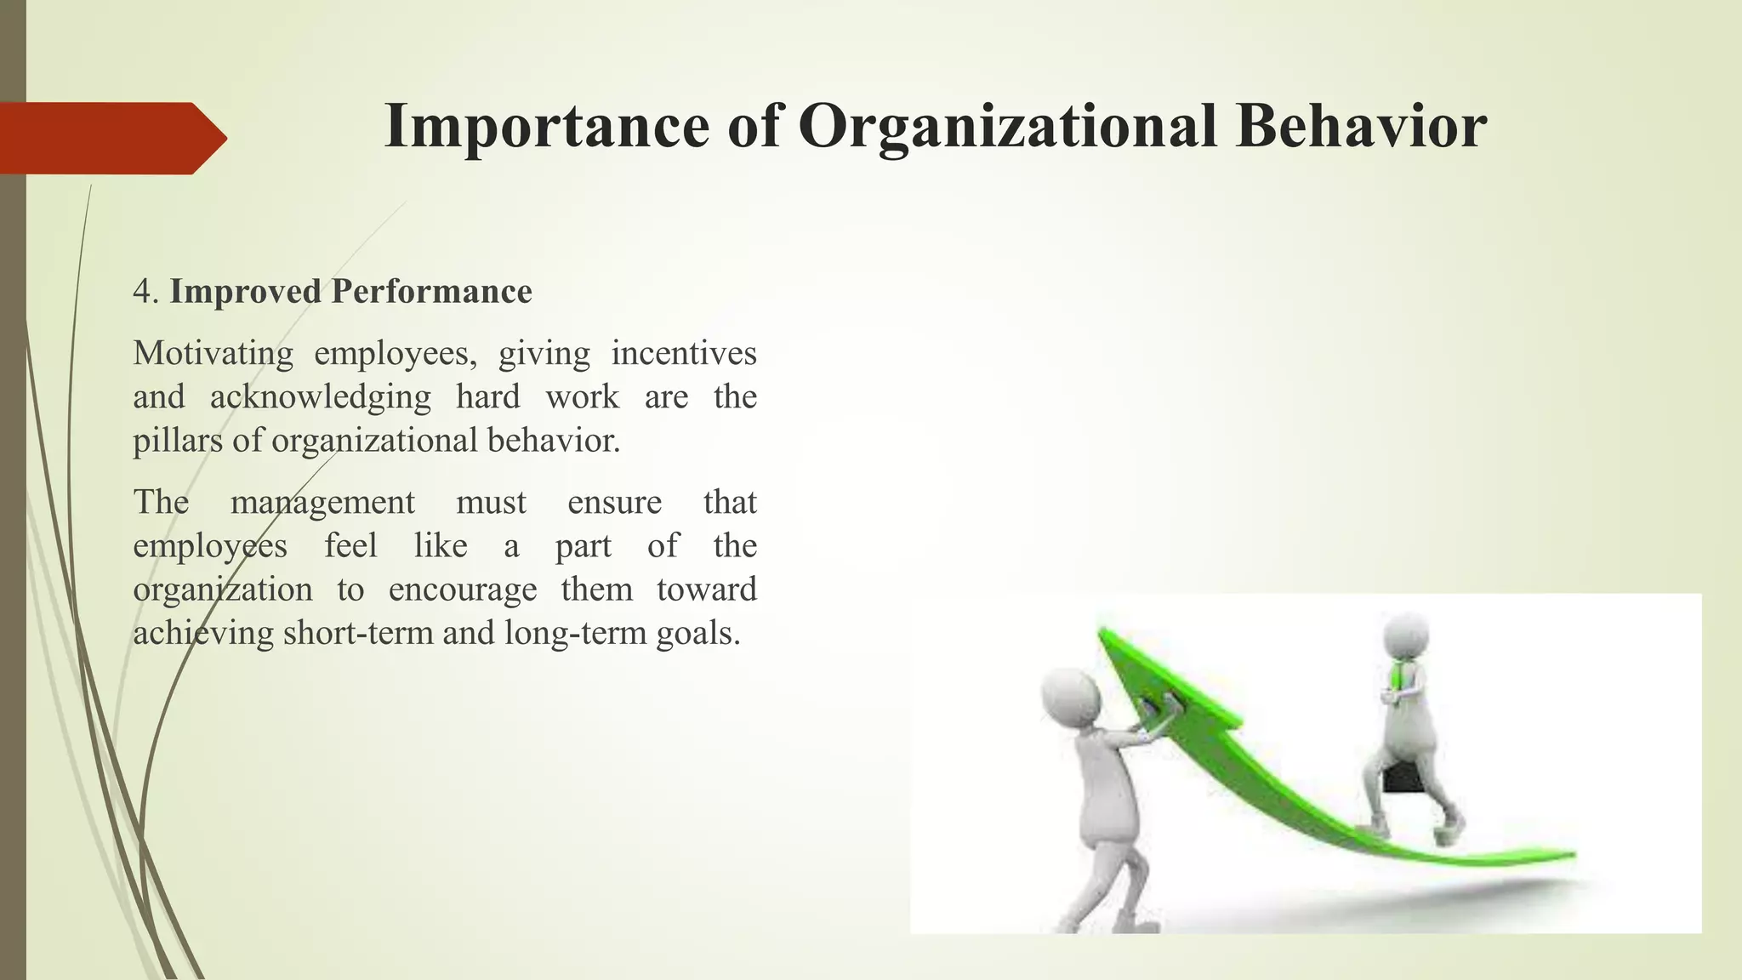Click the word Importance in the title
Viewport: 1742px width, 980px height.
click(x=546, y=126)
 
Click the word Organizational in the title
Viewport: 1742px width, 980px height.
click(x=1009, y=126)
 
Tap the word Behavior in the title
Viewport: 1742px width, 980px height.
click(x=1361, y=126)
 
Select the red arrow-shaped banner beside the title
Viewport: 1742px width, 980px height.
click(x=111, y=138)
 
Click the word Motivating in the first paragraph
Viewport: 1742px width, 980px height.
click(x=213, y=353)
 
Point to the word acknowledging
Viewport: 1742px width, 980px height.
click(x=320, y=397)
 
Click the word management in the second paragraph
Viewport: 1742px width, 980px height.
click(x=322, y=502)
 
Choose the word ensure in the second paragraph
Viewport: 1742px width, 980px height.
click(x=614, y=502)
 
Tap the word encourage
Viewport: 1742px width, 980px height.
click(x=463, y=590)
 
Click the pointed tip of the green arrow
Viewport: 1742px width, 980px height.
click(x=1104, y=634)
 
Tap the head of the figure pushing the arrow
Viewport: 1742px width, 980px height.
click(x=1070, y=698)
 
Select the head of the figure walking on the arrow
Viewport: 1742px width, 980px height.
click(x=1405, y=636)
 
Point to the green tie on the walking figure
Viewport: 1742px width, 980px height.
click(x=1398, y=676)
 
